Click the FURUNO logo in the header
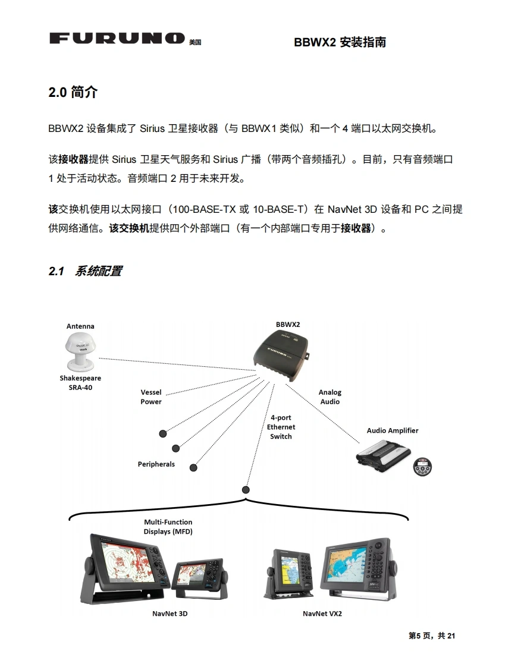pos(117,39)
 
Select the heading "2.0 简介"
pos(73,93)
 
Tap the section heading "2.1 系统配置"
pos(85,271)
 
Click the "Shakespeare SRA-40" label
pos(80,383)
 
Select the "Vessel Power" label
pos(151,397)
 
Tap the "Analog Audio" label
pos(330,397)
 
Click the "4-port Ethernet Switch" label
pos(281,427)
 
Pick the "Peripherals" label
pos(156,464)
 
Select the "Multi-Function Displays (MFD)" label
pos(168,527)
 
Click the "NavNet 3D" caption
pos(170,613)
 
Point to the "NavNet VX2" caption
pos(322,613)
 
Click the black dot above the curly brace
pos(246,490)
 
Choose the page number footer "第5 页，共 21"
pos(432,636)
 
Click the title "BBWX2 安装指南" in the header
pos(340,42)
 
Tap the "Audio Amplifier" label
pos(392,430)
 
